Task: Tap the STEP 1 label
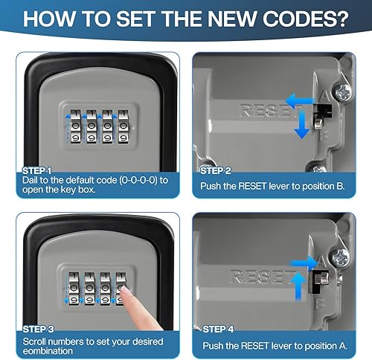(36, 171)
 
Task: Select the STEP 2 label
(215, 171)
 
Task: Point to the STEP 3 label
(38, 330)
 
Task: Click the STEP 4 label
(218, 330)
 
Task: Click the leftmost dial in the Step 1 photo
(75, 126)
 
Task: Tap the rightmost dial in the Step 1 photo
(123, 126)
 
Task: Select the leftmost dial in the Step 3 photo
(74, 289)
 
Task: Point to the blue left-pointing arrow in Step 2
(300, 101)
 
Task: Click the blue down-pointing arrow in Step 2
(301, 125)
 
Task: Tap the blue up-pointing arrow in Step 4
(299, 285)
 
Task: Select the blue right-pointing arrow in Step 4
(304, 263)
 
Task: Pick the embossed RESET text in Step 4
(263, 277)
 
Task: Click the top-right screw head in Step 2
(344, 92)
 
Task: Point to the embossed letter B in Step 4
(320, 303)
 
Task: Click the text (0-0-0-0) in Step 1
(138, 180)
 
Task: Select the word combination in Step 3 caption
(48, 351)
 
